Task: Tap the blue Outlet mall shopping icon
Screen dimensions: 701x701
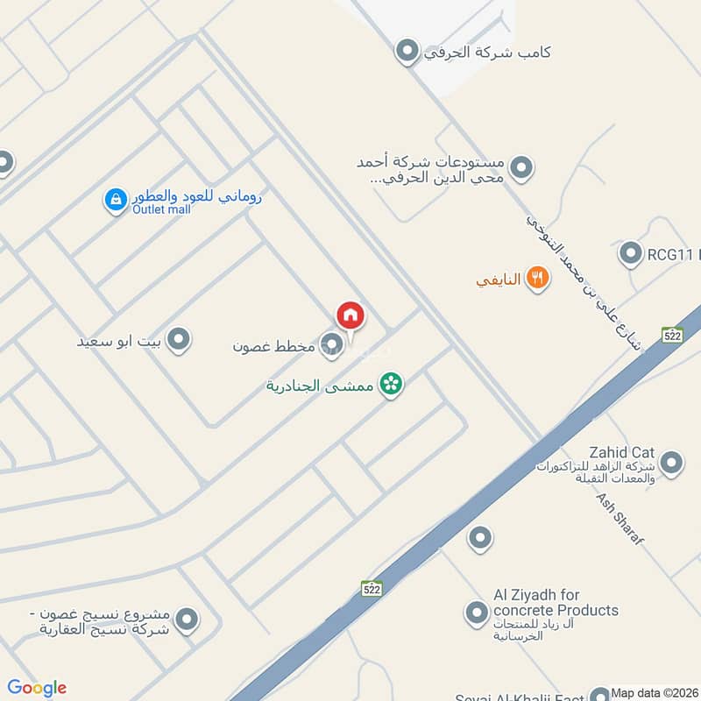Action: (x=115, y=201)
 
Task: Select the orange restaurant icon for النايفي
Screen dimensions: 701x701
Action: (x=537, y=280)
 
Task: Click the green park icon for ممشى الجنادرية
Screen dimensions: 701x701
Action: (x=391, y=385)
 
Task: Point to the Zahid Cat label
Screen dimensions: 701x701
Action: (x=622, y=452)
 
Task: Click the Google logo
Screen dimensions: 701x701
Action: (x=37, y=688)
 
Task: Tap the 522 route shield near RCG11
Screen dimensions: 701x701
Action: (x=672, y=335)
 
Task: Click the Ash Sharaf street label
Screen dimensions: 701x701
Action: (x=620, y=519)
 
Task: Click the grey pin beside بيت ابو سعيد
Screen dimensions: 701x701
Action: (x=179, y=339)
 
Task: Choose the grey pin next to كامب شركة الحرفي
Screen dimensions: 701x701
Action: (x=406, y=52)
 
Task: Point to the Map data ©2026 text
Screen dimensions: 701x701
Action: (x=655, y=691)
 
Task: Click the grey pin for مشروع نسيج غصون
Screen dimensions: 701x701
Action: (x=186, y=620)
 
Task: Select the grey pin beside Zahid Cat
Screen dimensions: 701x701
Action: (x=671, y=464)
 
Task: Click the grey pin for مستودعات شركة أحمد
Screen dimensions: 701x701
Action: (x=521, y=167)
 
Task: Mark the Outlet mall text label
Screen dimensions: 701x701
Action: (x=161, y=209)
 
